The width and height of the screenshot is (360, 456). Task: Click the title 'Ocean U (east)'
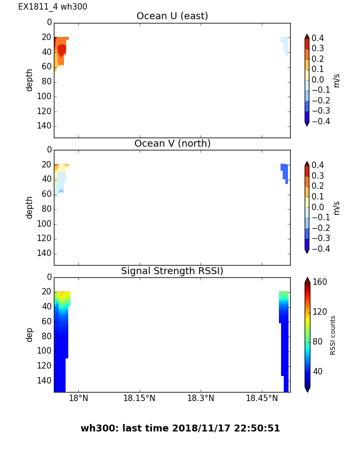[172, 16]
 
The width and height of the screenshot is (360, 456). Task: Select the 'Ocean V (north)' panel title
[172, 143]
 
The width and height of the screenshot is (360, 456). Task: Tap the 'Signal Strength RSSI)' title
[172, 271]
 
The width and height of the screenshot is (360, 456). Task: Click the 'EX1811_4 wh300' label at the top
[53, 7]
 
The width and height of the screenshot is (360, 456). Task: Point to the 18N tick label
[78, 398]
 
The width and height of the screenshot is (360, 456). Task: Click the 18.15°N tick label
[139, 398]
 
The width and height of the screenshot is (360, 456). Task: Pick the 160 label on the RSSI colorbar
[319, 282]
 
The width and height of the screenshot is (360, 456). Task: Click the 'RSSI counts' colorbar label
[333, 335]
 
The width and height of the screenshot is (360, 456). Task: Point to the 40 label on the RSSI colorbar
[317, 371]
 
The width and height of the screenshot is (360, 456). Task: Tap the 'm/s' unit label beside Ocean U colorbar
[336, 80]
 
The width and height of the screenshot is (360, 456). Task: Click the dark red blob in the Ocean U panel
[61, 50]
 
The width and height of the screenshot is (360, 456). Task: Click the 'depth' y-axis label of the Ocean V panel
[30, 207]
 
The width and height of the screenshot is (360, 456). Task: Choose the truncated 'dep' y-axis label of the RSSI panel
[30, 334]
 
